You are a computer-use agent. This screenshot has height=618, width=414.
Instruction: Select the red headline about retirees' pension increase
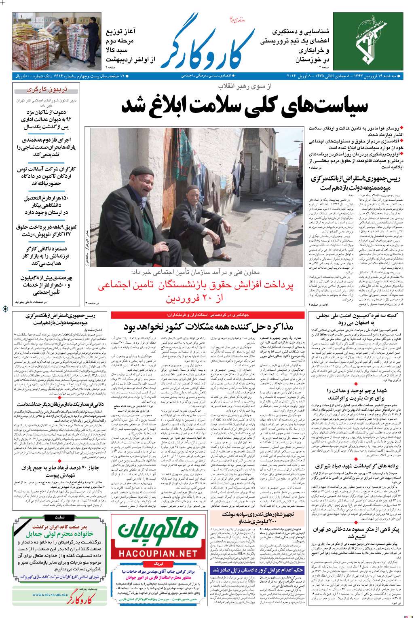coord(200,292)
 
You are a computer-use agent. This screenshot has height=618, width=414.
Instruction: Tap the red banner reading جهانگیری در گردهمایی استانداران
coord(208,314)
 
